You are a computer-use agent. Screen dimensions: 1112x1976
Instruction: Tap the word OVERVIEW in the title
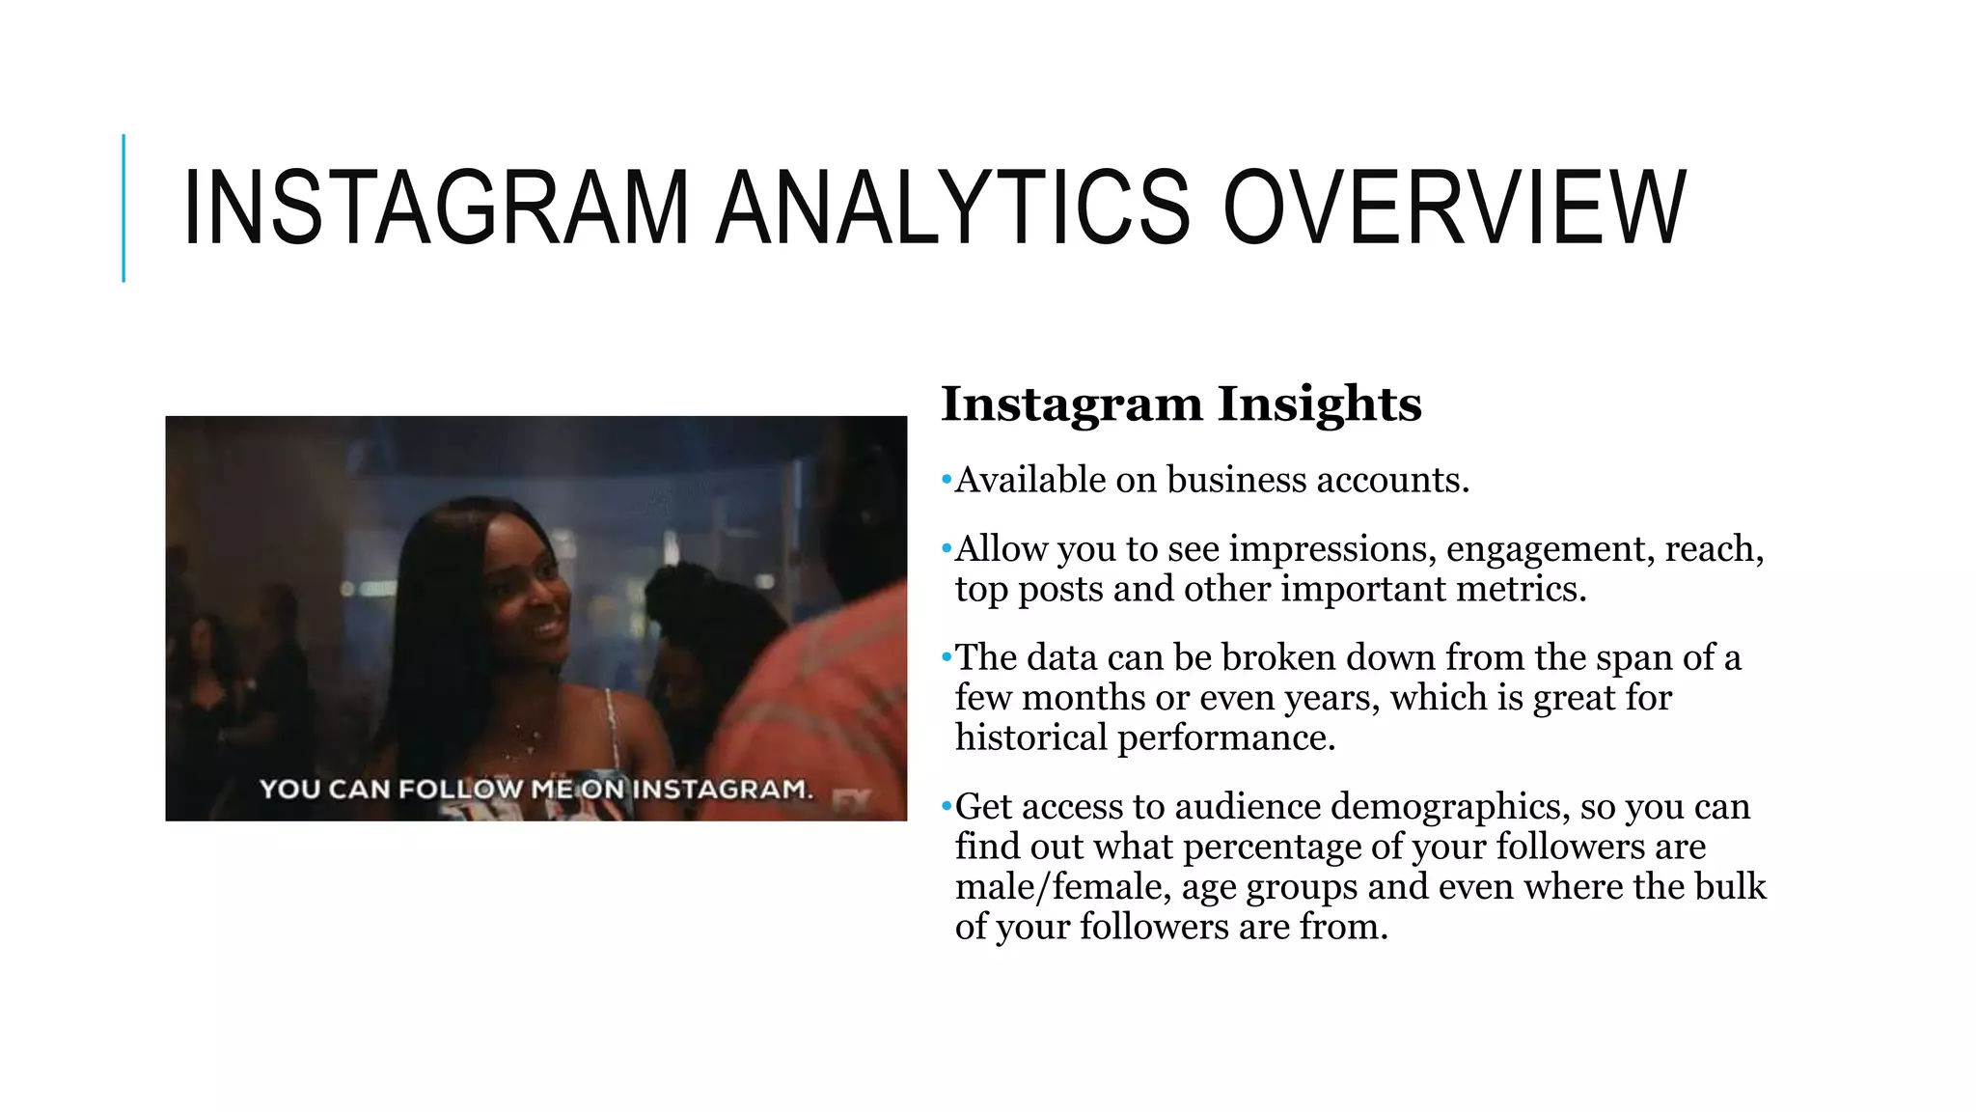tap(1455, 208)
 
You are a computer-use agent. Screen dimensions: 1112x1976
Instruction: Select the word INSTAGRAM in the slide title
tap(435, 208)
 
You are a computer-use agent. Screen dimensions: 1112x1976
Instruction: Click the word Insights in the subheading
tap(1319, 403)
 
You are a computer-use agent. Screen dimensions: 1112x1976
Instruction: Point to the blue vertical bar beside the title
tap(123, 208)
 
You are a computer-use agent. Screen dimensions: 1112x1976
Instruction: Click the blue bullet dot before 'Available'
tap(947, 480)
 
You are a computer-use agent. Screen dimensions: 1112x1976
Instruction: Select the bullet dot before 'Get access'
tap(947, 806)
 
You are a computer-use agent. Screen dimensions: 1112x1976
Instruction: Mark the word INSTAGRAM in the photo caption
tap(722, 790)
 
